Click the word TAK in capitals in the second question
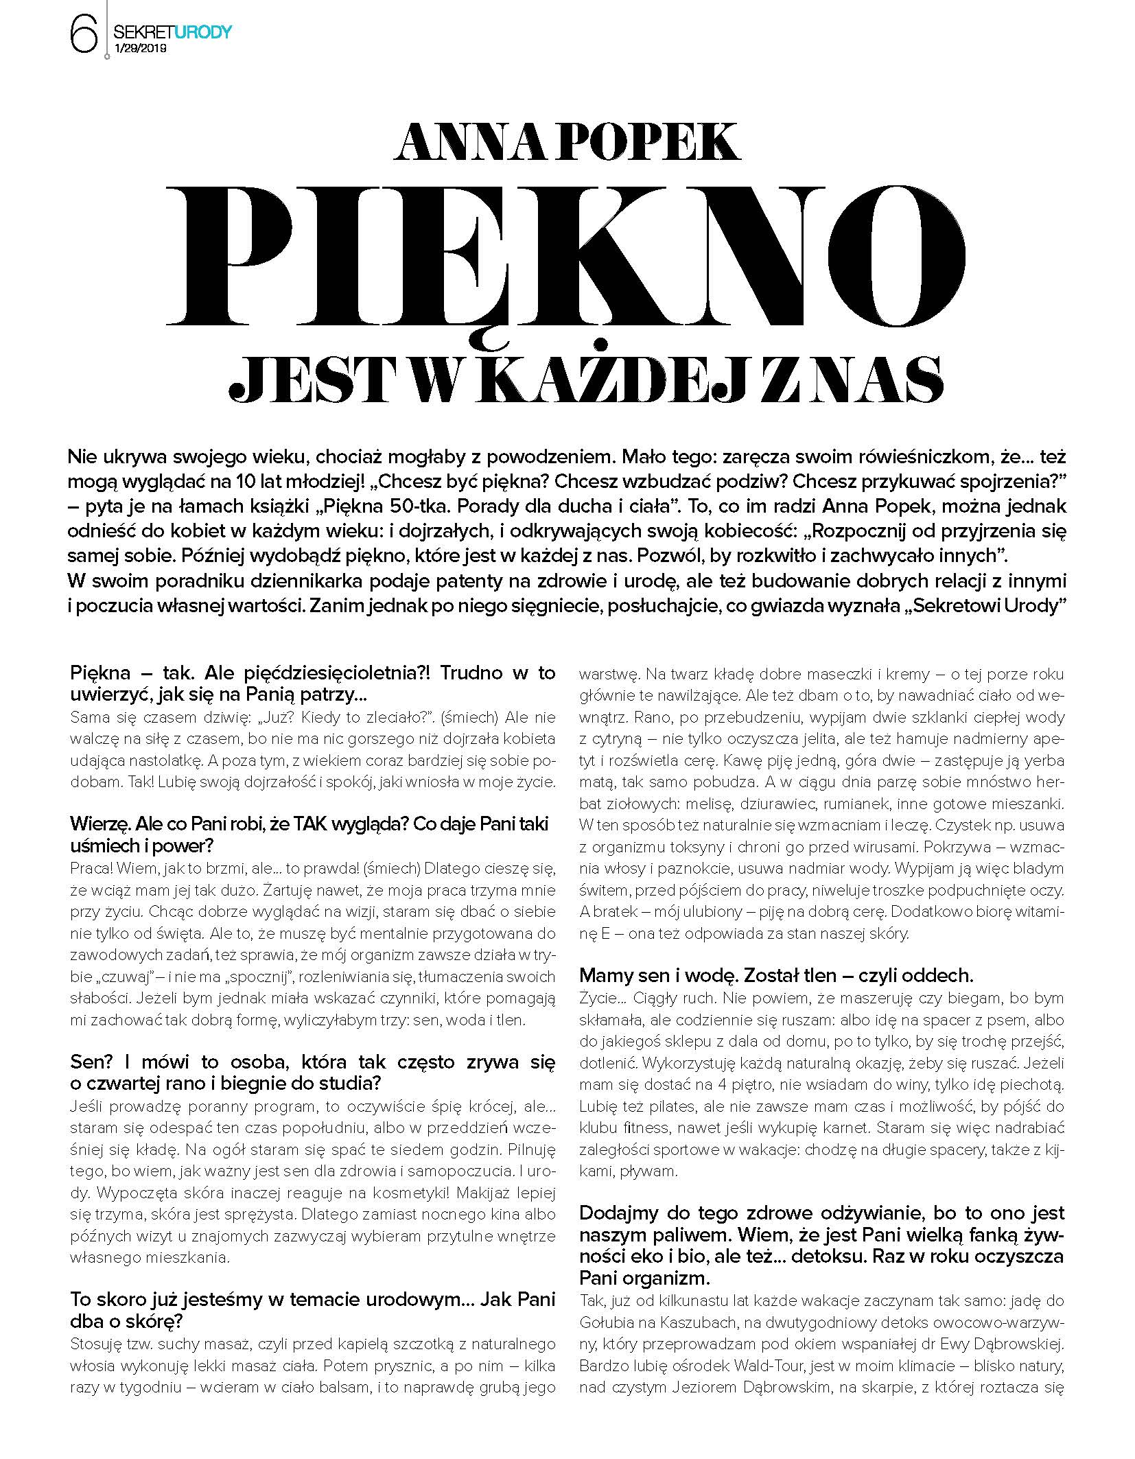coord(304,824)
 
